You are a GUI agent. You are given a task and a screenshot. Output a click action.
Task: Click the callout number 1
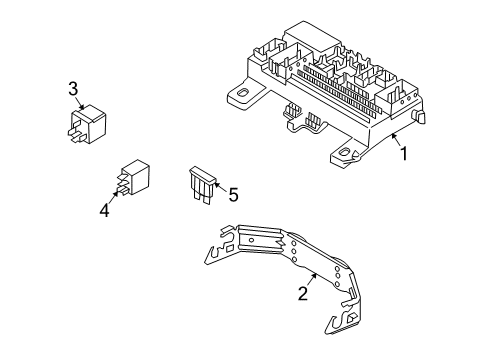click(x=404, y=154)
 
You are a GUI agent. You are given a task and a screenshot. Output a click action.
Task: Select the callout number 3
click(x=73, y=91)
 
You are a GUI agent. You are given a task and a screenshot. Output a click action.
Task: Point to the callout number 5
click(x=233, y=195)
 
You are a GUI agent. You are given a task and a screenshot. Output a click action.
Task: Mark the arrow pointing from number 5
click(x=218, y=189)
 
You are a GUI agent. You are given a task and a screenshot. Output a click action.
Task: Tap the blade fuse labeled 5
click(x=201, y=186)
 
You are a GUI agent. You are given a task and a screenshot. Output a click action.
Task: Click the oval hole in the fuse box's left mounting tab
click(x=241, y=96)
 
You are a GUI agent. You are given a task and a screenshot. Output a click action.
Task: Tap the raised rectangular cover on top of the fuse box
click(x=315, y=39)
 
